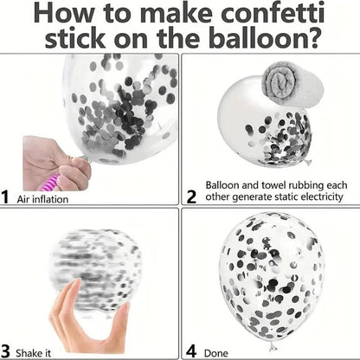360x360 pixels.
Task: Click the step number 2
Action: (192, 197)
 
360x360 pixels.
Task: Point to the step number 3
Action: (5, 351)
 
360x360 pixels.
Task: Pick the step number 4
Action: (191, 351)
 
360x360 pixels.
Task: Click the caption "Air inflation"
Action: (42, 199)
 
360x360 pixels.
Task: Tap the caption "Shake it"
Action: (33, 353)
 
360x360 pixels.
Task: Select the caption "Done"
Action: (216, 353)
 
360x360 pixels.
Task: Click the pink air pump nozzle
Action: (48, 183)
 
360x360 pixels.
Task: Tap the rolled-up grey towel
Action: (292, 84)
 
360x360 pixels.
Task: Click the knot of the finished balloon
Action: (272, 346)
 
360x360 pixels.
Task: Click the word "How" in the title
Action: (63, 13)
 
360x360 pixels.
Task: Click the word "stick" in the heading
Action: (75, 37)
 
